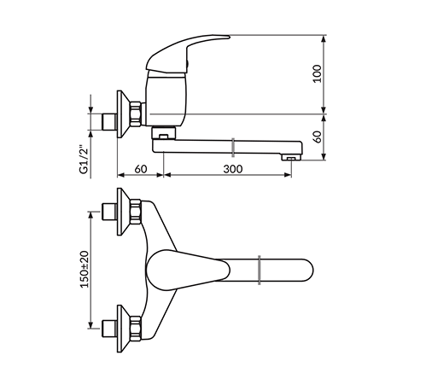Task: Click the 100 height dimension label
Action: [x=317, y=74]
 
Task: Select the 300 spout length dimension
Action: [x=233, y=169]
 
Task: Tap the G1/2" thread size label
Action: [x=83, y=160]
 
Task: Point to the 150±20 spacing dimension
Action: [x=85, y=270]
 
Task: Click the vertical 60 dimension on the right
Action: [x=318, y=137]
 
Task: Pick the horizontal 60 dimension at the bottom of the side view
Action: [x=141, y=169]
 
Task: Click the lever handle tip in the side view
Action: [x=228, y=37]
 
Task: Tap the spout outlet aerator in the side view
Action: [x=291, y=157]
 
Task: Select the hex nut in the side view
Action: [x=136, y=114]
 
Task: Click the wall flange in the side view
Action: [x=123, y=114]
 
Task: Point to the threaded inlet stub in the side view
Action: [x=109, y=122]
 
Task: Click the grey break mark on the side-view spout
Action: [x=233, y=148]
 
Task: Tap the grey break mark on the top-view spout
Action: [x=260, y=270]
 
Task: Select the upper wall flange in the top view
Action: [x=123, y=212]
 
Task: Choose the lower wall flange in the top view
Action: [x=123, y=329]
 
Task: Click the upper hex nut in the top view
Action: [x=136, y=212]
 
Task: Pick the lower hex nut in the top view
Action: [x=136, y=329]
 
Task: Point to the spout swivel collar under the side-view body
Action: [x=164, y=133]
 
